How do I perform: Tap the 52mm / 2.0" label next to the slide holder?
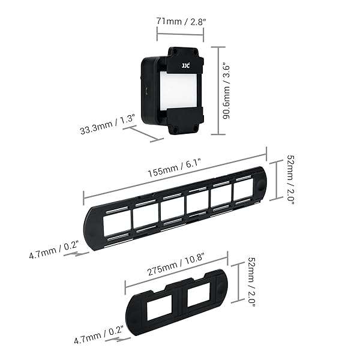pyautogui.click(x=252, y=285)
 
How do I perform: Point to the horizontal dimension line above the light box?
pyautogui.click(x=180, y=34)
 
